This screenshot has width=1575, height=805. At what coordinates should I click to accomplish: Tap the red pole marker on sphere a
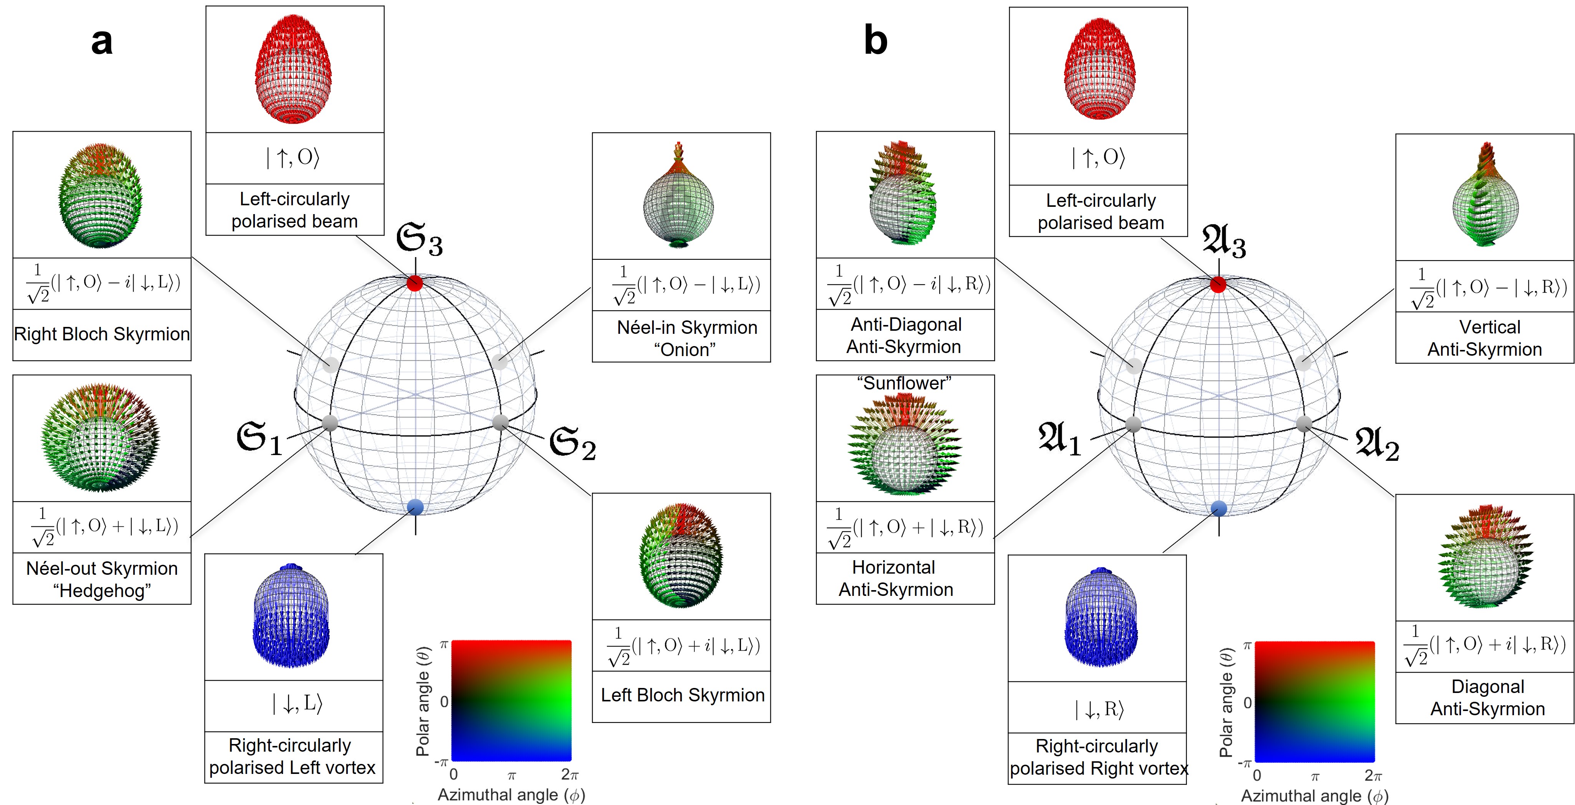click(x=415, y=283)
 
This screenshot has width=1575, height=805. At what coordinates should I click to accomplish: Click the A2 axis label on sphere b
click(x=1377, y=444)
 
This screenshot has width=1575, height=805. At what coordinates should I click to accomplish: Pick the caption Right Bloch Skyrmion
click(x=101, y=334)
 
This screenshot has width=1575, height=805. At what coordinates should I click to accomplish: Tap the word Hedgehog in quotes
click(x=101, y=591)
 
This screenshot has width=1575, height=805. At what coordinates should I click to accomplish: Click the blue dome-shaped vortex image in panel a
click(x=291, y=615)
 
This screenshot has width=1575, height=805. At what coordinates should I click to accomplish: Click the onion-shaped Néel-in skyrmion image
click(x=679, y=196)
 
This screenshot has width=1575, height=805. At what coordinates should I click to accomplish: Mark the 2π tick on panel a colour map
click(x=569, y=774)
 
